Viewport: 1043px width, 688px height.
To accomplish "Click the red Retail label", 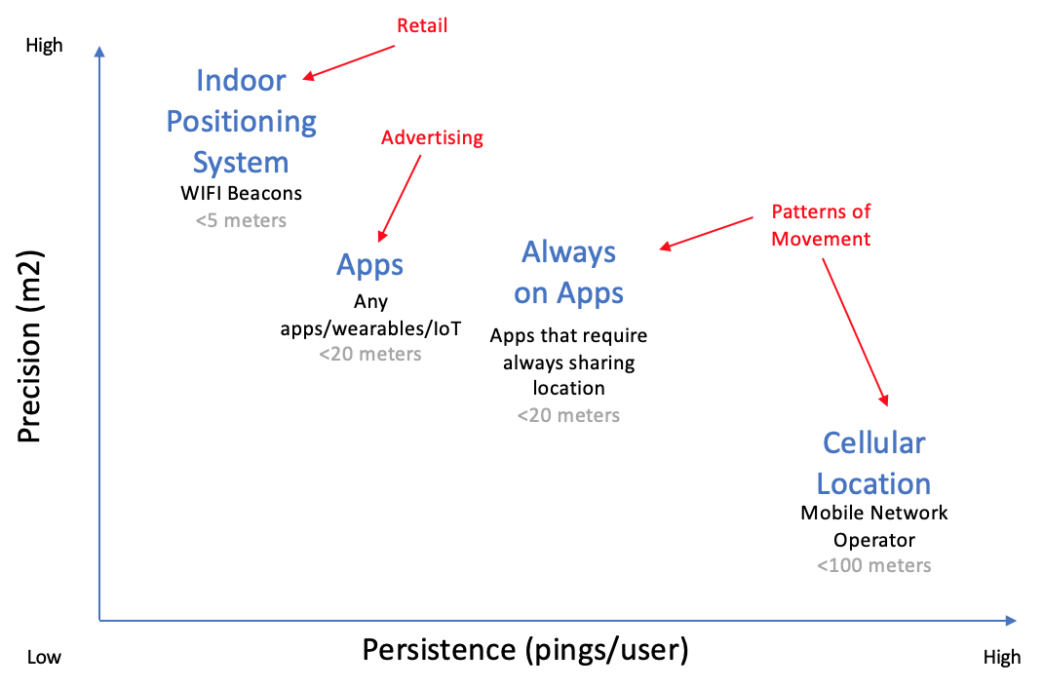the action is click(422, 25).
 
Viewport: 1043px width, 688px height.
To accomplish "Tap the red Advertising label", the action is click(432, 137).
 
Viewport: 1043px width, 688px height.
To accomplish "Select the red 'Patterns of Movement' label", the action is click(821, 225).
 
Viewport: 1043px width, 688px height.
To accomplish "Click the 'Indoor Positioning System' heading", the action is click(242, 121).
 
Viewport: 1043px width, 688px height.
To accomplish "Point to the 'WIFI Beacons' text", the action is click(242, 193).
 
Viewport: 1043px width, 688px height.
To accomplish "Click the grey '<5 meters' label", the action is click(242, 220).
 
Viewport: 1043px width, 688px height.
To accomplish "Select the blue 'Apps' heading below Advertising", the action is click(370, 264).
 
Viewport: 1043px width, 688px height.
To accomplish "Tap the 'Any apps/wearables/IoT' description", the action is click(370, 315).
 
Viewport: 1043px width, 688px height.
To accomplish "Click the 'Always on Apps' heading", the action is click(569, 272).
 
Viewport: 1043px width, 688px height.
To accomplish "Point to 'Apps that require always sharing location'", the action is click(569, 362).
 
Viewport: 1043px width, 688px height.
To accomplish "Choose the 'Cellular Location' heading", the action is click(873, 463).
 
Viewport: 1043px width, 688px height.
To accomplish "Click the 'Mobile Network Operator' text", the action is click(873, 525).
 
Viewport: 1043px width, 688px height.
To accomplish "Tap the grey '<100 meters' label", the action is click(873, 565).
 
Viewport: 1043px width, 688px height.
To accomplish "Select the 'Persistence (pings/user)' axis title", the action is click(525, 650).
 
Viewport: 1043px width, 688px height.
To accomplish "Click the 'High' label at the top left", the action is click(45, 45).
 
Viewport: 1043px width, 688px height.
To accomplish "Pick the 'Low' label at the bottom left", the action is click(44, 657).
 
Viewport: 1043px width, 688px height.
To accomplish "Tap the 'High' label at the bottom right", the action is click(1002, 657).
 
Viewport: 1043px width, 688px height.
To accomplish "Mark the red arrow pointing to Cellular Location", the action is click(856, 331).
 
